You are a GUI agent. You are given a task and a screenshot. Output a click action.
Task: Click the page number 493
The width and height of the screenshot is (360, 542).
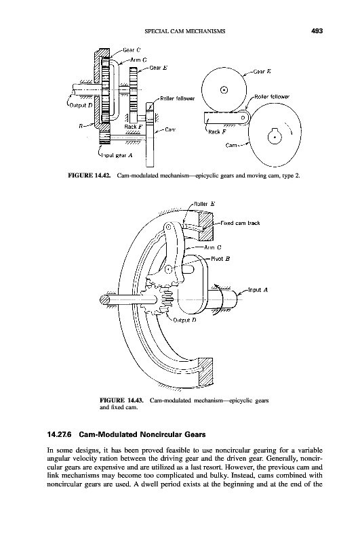(x=317, y=31)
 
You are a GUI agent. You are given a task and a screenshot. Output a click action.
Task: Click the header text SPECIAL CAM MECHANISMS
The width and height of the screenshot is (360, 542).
(x=184, y=31)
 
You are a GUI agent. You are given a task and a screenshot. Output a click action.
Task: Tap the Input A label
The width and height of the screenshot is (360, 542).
(x=258, y=290)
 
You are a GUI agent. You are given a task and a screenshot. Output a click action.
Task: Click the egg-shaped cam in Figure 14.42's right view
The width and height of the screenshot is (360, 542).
(x=276, y=135)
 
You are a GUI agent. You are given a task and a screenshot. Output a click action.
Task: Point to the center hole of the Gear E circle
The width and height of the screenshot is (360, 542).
(x=224, y=90)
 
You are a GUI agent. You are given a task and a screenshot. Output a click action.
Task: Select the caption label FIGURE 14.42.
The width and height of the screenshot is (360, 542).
(x=89, y=175)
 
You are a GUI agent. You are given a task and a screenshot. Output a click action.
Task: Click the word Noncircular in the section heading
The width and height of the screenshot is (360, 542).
(x=165, y=434)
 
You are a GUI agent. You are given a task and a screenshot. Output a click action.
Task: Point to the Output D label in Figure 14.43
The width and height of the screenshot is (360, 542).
(x=184, y=320)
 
